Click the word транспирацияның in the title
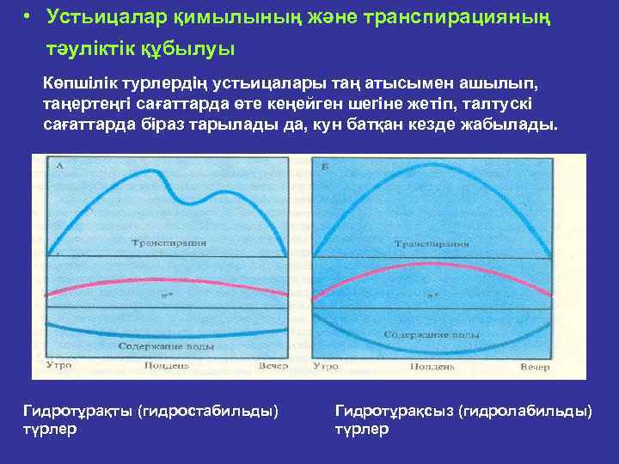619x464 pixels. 465,16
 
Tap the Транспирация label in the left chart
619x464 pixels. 169,244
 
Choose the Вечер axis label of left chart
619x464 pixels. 273,365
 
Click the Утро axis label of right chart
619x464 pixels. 326,366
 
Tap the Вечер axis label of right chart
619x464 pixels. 534,366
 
